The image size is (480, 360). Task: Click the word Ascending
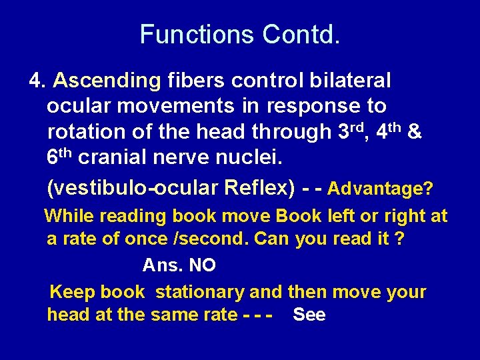point(107,81)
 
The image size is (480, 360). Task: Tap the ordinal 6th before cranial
point(59,157)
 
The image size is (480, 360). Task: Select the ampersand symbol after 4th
point(413,132)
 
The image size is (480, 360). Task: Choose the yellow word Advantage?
point(380,189)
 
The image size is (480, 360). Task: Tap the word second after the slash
point(223,239)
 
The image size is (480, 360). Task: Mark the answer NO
point(202,265)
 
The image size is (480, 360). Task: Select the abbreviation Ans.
point(163,265)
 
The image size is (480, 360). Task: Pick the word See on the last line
point(309,315)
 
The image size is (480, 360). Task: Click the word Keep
point(73,292)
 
